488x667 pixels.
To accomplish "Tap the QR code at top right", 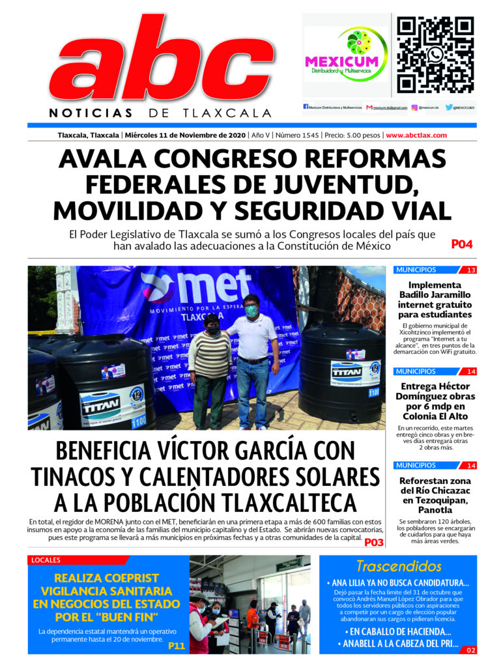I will pos(435,55).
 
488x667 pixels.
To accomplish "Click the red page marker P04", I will pos(461,245).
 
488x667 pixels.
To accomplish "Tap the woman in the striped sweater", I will pos(210,365).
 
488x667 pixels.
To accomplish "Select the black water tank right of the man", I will pos(341,371).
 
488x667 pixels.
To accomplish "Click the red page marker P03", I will pos(373,542).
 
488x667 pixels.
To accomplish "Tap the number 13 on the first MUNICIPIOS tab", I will pos(470,270).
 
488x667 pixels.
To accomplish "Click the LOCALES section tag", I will pos(46,560).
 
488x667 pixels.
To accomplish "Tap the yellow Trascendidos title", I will pos(398,566).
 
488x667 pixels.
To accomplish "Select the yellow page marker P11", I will pos(176,646).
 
